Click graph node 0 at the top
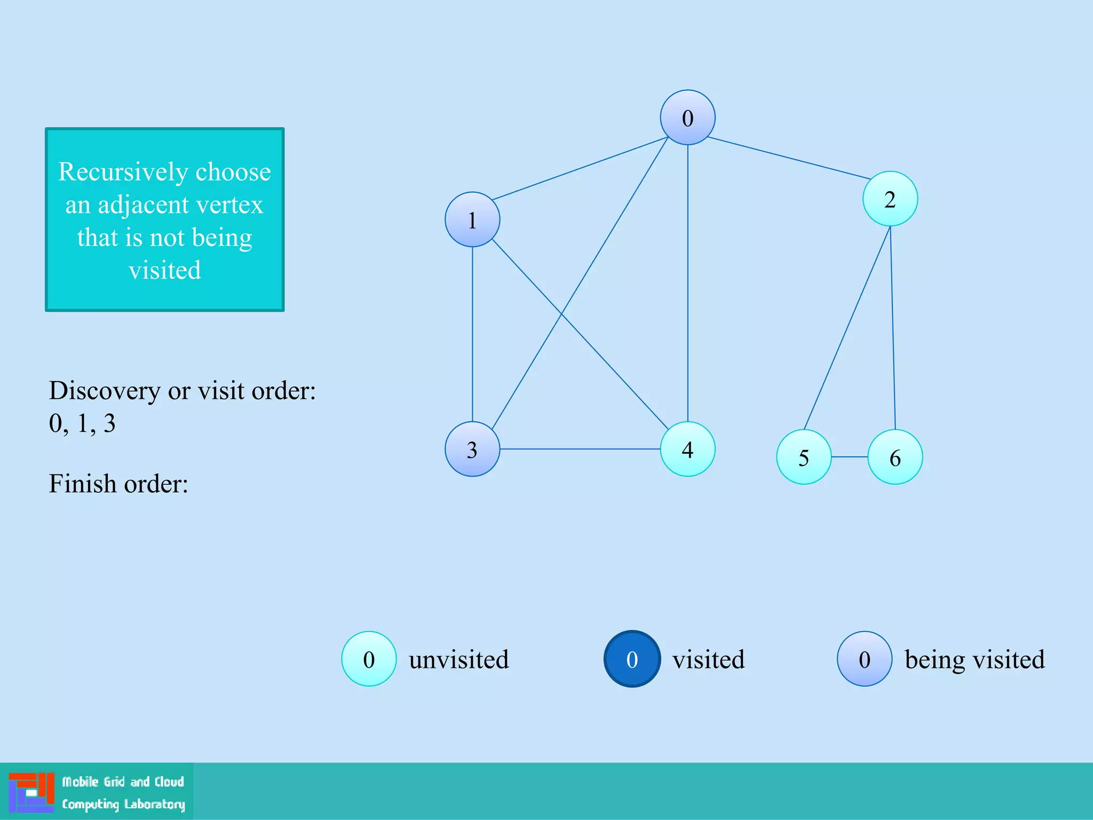[687, 117]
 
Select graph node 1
[472, 219]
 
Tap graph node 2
[890, 199]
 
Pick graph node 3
[472, 449]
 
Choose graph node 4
[687, 449]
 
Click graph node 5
[804, 457]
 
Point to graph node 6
[895, 457]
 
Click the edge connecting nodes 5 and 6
[850, 457]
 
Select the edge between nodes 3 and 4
[580, 449]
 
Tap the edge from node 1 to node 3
[472, 334]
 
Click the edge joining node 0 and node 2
[789, 158]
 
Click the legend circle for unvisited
[369, 659]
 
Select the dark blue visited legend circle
[632, 659]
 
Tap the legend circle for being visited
[865, 659]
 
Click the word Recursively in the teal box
[122, 172]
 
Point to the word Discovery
[104, 391]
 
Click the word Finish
[82, 484]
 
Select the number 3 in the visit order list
[109, 423]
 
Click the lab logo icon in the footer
[31, 792]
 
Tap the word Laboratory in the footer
[155, 804]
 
